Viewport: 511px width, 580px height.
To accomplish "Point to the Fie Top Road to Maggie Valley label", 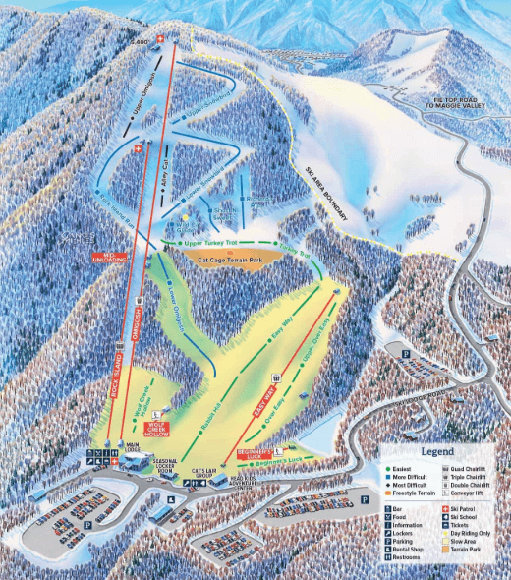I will point(463,103).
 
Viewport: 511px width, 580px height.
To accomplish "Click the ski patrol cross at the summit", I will point(177,40).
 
